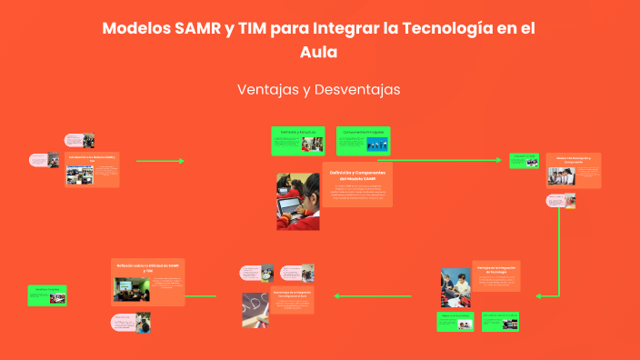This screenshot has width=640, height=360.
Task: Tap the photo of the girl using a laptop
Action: (x=298, y=201)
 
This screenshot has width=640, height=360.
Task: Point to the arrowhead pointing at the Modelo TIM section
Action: (x=498, y=160)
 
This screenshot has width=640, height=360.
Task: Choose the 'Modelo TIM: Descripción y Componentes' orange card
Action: (x=573, y=170)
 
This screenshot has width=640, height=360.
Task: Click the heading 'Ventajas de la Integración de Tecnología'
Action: (x=495, y=271)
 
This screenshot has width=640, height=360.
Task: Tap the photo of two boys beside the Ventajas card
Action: (x=455, y=288)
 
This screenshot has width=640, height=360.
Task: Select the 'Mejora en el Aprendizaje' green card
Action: (x=455, y=321)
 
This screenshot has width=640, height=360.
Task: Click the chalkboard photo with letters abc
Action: (x=255, y=309)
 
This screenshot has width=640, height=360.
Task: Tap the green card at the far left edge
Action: (x=46, y=295)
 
